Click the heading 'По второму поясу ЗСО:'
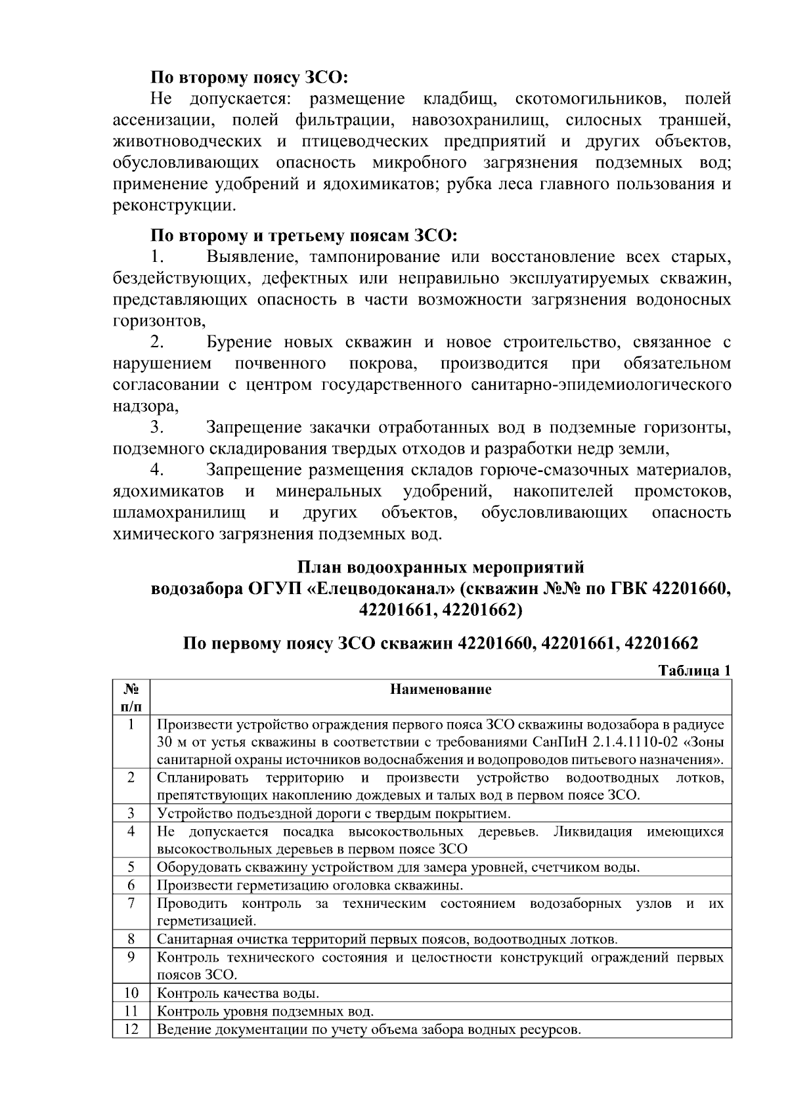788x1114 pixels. [x=249, y=77]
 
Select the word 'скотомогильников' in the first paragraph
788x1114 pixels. [x=590, y=99]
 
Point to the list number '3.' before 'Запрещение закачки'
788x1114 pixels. [x=156, y=428]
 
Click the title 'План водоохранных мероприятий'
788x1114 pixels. [x=441, y=567]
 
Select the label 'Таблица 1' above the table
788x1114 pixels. [x=694, y=671]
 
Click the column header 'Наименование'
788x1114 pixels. [x=441, y=689]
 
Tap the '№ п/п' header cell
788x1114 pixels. [x=131, y=697]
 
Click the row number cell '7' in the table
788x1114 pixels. [x=131, y=903]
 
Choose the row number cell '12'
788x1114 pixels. [x=131, y=1029]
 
